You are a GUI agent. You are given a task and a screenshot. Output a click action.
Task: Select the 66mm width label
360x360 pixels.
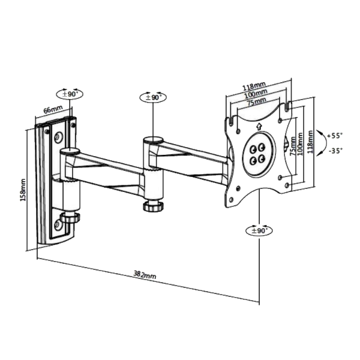tap(53, 110)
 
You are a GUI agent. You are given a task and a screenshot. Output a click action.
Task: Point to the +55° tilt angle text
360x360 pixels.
tap(336, 136)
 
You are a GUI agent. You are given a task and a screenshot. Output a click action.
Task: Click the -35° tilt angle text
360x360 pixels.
tap(336, 151)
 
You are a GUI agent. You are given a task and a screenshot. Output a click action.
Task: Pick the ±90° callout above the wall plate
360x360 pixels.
tap(71, 94)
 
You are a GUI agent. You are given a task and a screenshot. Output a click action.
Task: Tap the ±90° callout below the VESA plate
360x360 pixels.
tap(260, 230)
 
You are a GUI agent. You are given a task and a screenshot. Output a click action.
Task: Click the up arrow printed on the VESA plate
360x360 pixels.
tap(258, 126)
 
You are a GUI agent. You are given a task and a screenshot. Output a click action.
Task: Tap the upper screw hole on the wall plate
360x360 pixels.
tap(58, 137)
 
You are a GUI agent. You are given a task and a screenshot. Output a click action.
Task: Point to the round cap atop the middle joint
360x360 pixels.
tap(152, 140)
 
